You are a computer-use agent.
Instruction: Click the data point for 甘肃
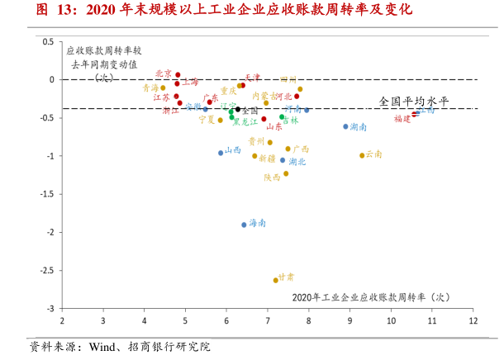[276, 280]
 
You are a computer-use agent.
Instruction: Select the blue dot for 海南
[244, 225]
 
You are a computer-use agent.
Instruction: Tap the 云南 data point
[362, 155]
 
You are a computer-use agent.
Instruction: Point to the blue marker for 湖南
[345, 126]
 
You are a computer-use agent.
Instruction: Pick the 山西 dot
[221, 153]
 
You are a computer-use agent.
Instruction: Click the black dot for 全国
[238, 109]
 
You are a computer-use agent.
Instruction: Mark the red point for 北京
[178, 74]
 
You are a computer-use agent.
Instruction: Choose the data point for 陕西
[286, 173]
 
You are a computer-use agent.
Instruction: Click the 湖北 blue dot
[283, 160]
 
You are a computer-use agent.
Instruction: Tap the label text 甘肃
[286, 277]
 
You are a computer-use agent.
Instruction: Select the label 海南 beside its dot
[258, 223]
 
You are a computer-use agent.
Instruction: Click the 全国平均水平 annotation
[413, 101]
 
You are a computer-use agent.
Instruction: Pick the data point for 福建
[414, 115]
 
